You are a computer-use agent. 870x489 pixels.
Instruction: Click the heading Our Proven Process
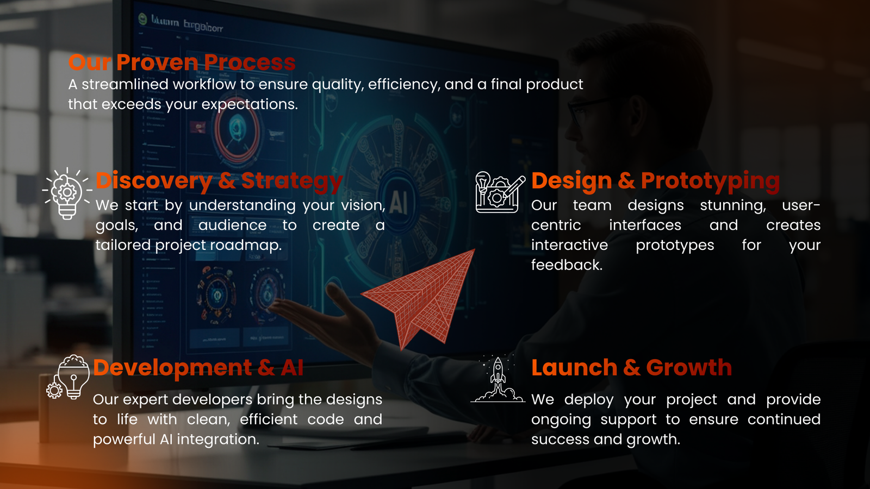(182, 62)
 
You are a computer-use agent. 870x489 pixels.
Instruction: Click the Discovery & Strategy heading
(219, 181)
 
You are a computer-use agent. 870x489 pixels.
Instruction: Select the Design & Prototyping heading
(655, 181)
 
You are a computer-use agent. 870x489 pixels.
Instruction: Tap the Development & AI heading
(198, 368)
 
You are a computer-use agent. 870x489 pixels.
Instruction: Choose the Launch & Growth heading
(631, 368)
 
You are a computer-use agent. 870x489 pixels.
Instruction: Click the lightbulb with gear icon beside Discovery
(67, 193)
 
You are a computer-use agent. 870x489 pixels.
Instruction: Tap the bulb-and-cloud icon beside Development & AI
(69, 378)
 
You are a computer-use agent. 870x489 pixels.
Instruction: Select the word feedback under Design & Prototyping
(566, 265)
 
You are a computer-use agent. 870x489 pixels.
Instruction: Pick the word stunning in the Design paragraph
(732, 205)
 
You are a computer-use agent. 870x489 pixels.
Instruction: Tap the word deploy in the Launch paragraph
(588, 400)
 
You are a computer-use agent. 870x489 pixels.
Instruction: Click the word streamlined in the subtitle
(125, 85)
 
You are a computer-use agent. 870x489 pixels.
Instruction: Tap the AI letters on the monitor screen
(399, 203)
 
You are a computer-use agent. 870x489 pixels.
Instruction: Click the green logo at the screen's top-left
(142, 20)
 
